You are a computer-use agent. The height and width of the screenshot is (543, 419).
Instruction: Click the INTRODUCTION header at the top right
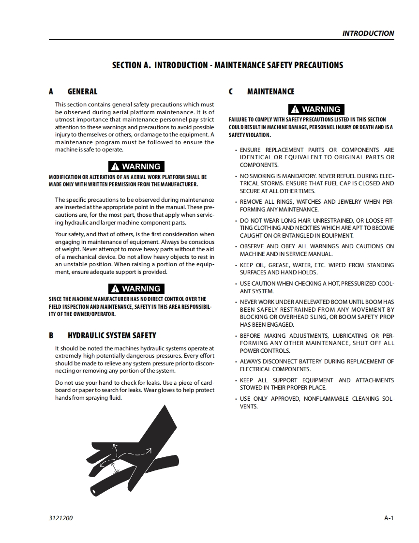point(368,33)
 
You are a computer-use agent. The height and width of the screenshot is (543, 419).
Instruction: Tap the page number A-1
point(389,518)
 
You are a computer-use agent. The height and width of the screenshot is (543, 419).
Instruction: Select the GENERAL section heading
point(82,91)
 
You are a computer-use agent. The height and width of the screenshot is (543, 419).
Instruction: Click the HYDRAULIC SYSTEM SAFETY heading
point(112,335)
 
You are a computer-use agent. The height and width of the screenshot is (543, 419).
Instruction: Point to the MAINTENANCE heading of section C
point(270,91)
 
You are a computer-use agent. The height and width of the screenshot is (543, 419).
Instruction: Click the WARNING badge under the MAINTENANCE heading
point(316,109)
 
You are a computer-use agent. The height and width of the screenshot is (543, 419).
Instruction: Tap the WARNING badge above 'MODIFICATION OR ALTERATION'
point(136,166)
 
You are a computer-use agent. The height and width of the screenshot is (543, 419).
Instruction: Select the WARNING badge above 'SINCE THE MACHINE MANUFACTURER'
point(136,289)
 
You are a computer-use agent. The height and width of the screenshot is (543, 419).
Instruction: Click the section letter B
point(51,335)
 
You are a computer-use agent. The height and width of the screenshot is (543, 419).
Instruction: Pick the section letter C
point(231,91)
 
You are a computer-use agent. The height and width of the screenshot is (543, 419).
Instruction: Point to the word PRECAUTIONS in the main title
point(317,65)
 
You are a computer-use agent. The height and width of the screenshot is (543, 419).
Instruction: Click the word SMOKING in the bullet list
point(263,176)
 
